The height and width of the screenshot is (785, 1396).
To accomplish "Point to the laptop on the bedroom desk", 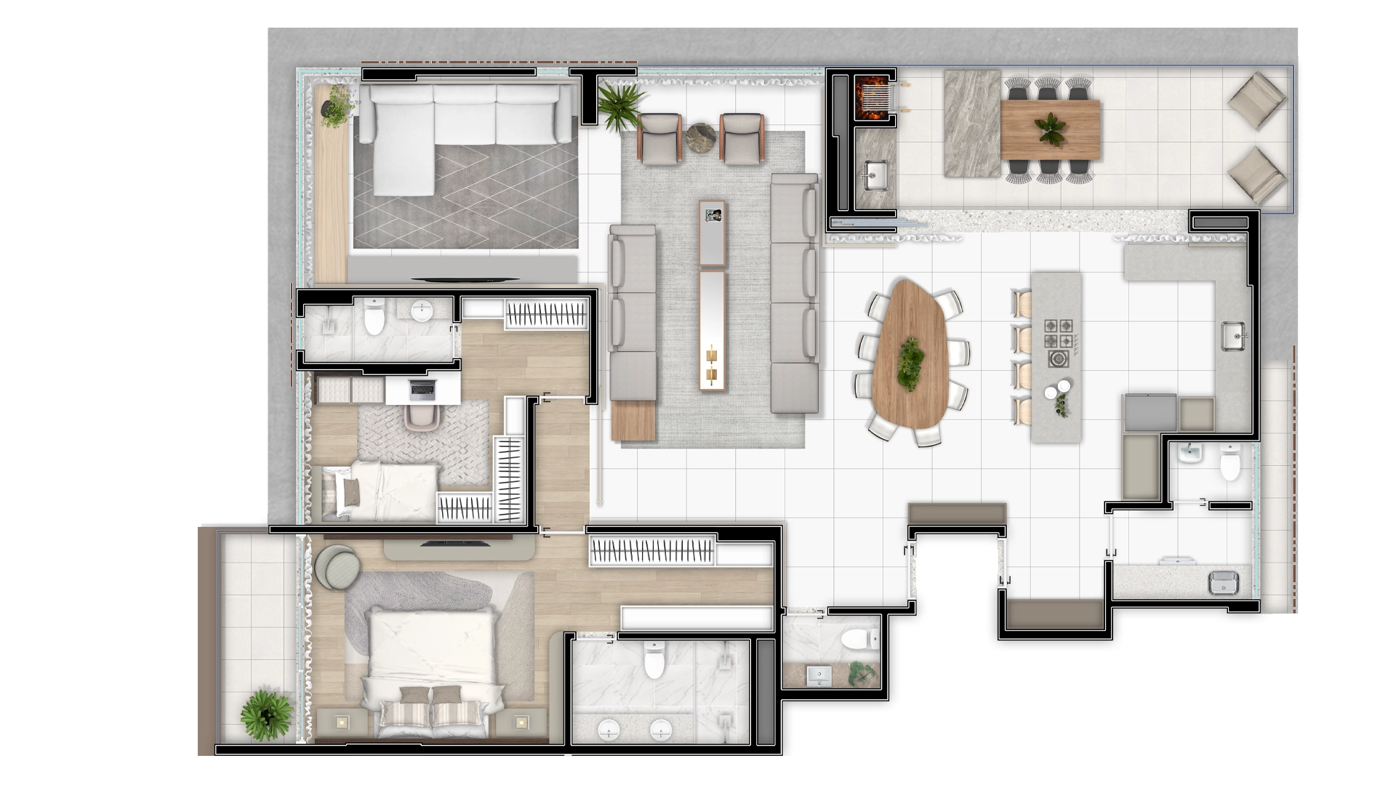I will point(422,389).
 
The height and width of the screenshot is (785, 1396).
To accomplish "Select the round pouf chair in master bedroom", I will point(338,567).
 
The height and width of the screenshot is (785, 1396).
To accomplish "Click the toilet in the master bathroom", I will point(654,660).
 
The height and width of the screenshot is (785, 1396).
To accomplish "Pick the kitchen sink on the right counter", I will point(1234,335).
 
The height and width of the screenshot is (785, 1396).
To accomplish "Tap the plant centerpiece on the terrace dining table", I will point(1051,129).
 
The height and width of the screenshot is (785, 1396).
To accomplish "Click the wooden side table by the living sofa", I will point(633,421).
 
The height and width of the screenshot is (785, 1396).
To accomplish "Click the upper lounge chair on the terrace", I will point(1256,100).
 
